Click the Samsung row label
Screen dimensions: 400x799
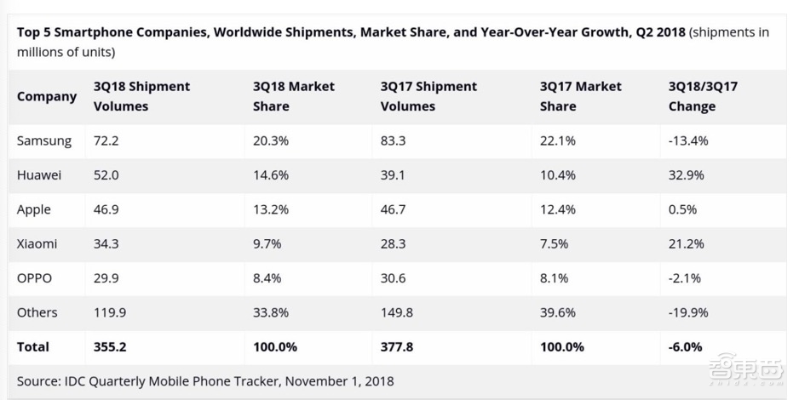click(x=44, y=141)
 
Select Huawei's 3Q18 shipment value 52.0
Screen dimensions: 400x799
click(x=106, y=175)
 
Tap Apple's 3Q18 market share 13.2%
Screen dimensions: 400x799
click(x=270, y=209)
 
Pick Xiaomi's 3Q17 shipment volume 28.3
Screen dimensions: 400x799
click(x=396, y=244)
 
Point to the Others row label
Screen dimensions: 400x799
click(x=37, y=312)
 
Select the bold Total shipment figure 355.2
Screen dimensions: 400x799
click(x=110, y=347)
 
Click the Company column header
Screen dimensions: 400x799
click(x=47, y=97)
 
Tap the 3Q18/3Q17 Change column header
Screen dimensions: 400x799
click(x=703, y=96)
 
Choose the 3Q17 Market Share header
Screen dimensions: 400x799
click(x=580, y=96)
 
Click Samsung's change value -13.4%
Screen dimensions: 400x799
click(x=688, y=141)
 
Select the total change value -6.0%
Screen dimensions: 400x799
click(x=686, y=347)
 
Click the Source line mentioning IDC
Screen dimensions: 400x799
click(x=205, y=381)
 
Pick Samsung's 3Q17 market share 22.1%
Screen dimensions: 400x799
click(x=558, y=141)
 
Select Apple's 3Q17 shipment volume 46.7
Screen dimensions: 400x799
click(x=396, y=209)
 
